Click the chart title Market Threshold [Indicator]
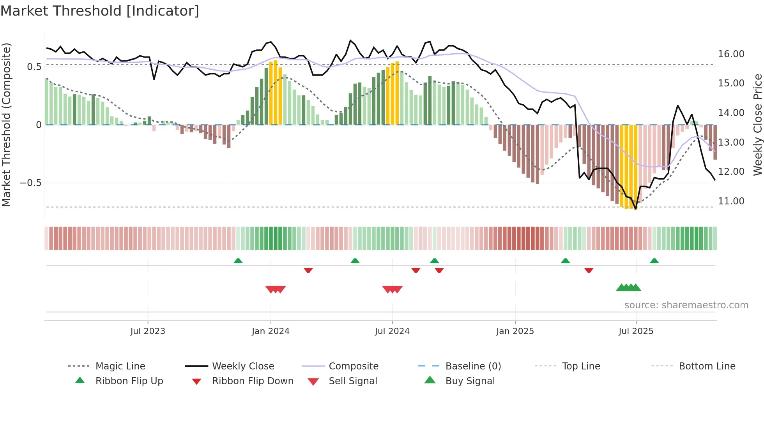pyautogui.click(x=100, y=11)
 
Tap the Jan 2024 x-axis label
pyautogui.click(x=271, y=331)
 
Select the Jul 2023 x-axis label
pyautogui.click(x=148, y=331)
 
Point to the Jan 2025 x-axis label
pyautogui.click(x=515, y=331)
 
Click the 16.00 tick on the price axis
pyautogui.click(x=731, y=54)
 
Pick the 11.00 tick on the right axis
pyautogui.click(x=731, y=201)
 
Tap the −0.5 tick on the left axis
pyautogui.click(x=30, y=183)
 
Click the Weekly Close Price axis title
pyautogui.click(x=757, y=125)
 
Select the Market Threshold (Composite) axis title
pyautogui.click(x=6, y=125)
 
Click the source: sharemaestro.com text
pyautogui.click(x=686, y=305)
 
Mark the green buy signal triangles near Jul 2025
pyautogui.click(x=628, y=288)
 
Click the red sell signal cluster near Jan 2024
pyautogui.click(x=276, y=289)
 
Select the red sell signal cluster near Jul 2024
pyautogui.click(x=393, y=289)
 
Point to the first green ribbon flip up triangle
pyautogui.click(x=238, y=260)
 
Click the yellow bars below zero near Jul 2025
pyautogui.click(x=628, y=167)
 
